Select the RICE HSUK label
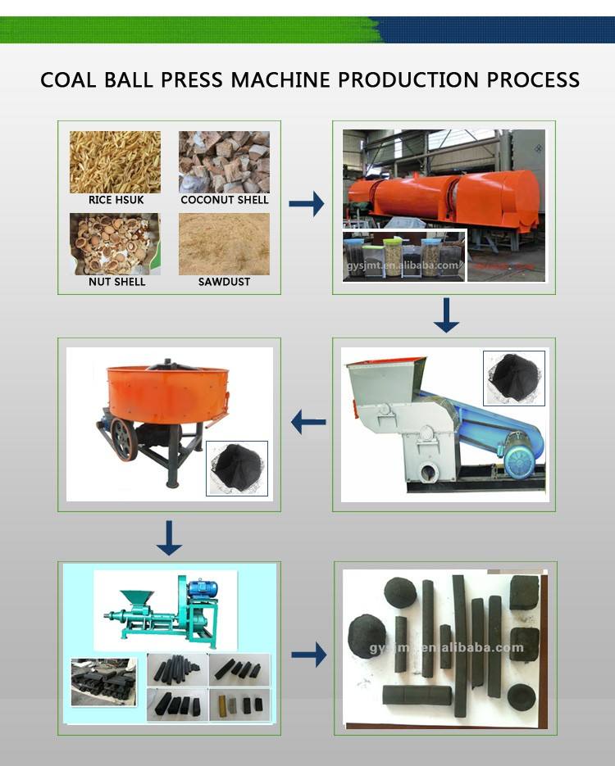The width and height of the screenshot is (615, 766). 112,200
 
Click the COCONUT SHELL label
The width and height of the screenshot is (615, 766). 224,200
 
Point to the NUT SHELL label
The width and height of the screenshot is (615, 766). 116,282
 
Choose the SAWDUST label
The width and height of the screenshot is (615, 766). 224,282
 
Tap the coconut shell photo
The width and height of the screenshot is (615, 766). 224,161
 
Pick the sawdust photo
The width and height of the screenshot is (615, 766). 224,243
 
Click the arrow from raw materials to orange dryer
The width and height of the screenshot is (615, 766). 307,204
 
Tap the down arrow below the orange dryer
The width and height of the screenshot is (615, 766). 446,315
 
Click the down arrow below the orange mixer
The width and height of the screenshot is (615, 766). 169,537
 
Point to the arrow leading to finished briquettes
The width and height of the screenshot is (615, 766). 308,654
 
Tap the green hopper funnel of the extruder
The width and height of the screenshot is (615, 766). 131,600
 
